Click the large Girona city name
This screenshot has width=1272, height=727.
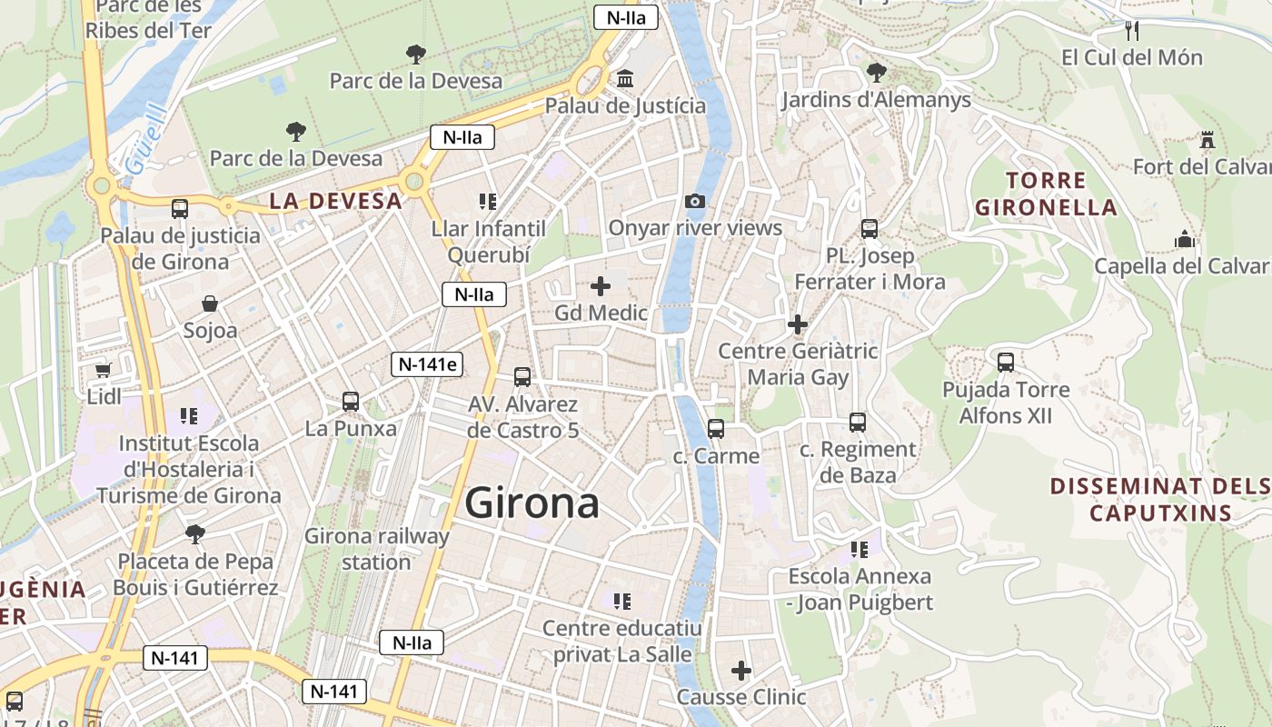pos(532,503)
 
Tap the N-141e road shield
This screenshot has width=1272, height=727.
pos(428,364)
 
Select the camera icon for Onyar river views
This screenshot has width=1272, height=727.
pos(695,201)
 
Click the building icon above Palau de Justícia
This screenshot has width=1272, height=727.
pos(625,79)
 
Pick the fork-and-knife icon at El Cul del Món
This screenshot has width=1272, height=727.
pos(1132,31)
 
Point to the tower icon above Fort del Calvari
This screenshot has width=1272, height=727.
pos(1207,140)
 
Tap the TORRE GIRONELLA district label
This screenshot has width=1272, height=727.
pos(1046,194)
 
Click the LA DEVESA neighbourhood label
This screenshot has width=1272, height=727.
pos(336,201)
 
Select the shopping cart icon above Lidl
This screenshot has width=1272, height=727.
pos(104,370)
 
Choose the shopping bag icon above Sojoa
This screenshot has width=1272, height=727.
pos(210,304)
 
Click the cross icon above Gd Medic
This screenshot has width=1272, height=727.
pos(601,286)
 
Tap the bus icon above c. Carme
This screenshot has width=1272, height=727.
pos(716,428)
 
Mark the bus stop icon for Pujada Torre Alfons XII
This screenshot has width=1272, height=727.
pos(1006,363)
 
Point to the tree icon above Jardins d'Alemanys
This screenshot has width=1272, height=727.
pos(876,72)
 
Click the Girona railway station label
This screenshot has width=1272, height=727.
pos(377,549)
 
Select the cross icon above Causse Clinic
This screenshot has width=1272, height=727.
pos(741,671)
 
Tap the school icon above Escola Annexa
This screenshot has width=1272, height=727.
pos(859,549)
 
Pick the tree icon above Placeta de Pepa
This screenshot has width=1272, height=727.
pos(194,533)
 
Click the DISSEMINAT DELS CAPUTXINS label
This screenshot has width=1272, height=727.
pos(1160,500)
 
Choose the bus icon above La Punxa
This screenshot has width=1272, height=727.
pos(351,401)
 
